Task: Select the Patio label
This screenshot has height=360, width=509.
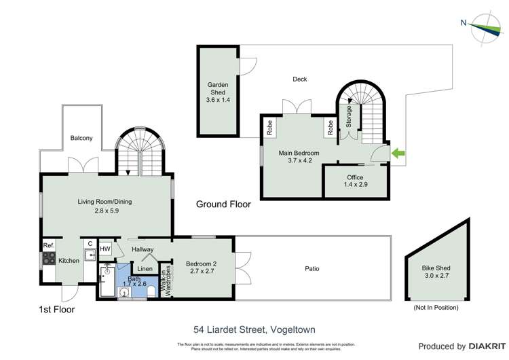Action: click(312, 268)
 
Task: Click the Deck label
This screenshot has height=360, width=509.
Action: click(299, 79)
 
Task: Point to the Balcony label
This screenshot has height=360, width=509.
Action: click(81, 138)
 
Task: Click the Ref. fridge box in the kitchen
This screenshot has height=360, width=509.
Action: click(48, 245)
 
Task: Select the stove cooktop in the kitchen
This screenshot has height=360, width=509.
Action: click(48, 258)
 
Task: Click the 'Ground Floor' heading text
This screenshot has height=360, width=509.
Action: click(223, 204)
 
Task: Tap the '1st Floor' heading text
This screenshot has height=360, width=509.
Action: click(56, 309)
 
